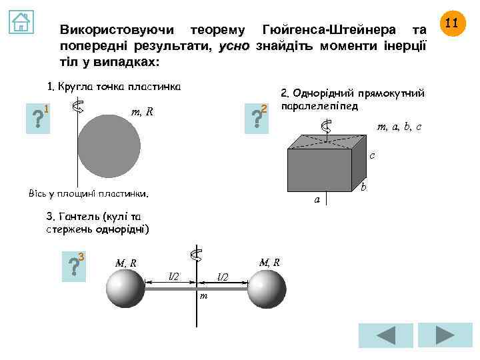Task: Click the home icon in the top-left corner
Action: coord(22,22)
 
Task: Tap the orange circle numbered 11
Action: coord(451,23)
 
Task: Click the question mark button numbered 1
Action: coord(38,119)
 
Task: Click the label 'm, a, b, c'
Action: coord(399,127)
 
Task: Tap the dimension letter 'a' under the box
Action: coord(318,199)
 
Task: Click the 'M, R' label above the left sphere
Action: coord(126,263)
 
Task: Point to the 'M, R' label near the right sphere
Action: coord(269,262)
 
